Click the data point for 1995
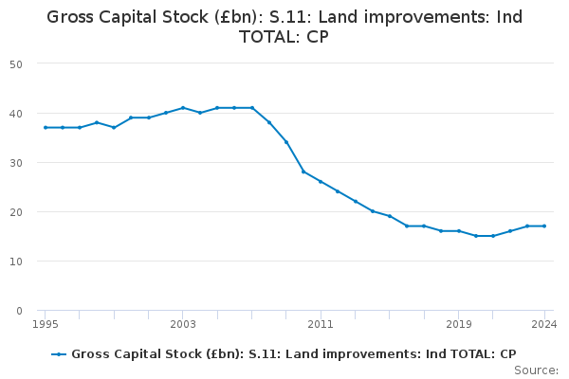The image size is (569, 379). (46, 128)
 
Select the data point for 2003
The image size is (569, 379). (183, 108)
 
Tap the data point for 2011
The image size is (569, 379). (321, 181)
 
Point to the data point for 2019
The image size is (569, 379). (459, 231)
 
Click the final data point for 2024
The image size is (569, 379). (544, 226)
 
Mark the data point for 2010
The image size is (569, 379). (303, 171)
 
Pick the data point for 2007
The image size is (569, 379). (252, 108)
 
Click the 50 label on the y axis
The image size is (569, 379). (16, 64)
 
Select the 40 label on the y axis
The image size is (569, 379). (16, 114)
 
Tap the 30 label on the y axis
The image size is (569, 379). (16, 163)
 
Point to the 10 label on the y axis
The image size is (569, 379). (16, 262)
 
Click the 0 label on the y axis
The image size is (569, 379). (19, 311)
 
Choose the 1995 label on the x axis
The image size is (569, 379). (46, 324)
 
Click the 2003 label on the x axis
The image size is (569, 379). (183, 324)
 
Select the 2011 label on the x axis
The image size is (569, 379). (321, 324)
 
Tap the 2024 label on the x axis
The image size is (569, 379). (544, 324)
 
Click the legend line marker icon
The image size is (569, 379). (59, 354)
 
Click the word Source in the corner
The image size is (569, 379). (534, 370)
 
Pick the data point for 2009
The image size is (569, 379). (286, 142)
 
